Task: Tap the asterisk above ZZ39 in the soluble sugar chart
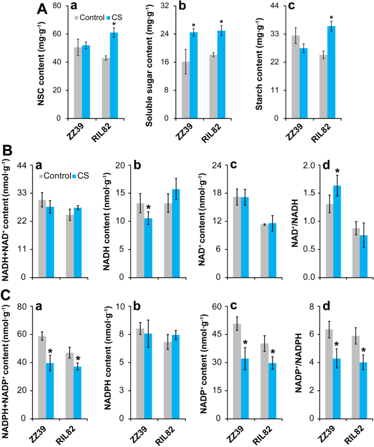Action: (x=193, y=26)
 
